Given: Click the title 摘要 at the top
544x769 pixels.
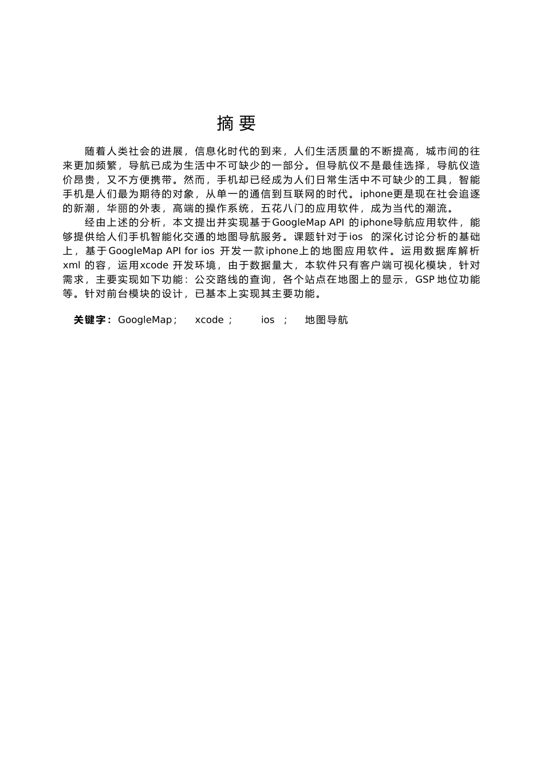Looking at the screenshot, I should tap(236, 123).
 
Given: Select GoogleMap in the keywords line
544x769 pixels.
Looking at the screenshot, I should tap(145, 320).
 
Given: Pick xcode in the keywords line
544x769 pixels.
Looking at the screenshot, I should tap(210, 320).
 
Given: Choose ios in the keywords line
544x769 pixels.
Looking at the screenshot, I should tap(268, 320).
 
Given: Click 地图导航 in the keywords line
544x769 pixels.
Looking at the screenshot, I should tap(326, 320).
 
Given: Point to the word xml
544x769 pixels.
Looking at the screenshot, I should tap(72, 265).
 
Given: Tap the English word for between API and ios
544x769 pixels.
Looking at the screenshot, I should tap(191, 251).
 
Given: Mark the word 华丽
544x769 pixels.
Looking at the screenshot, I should tap(117, 208).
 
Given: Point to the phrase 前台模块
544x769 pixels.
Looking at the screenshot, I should tap(128, 294).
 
